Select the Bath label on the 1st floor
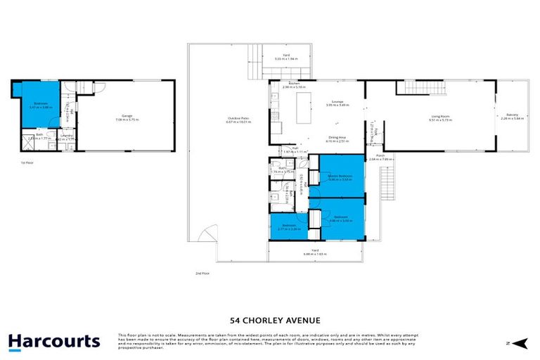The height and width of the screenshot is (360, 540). click(x=39, y=136)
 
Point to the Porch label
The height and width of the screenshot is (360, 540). click(x=380, y=157)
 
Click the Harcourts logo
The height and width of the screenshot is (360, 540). click(x=54, y=342)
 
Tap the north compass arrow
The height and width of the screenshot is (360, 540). click(x=519, y=343)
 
